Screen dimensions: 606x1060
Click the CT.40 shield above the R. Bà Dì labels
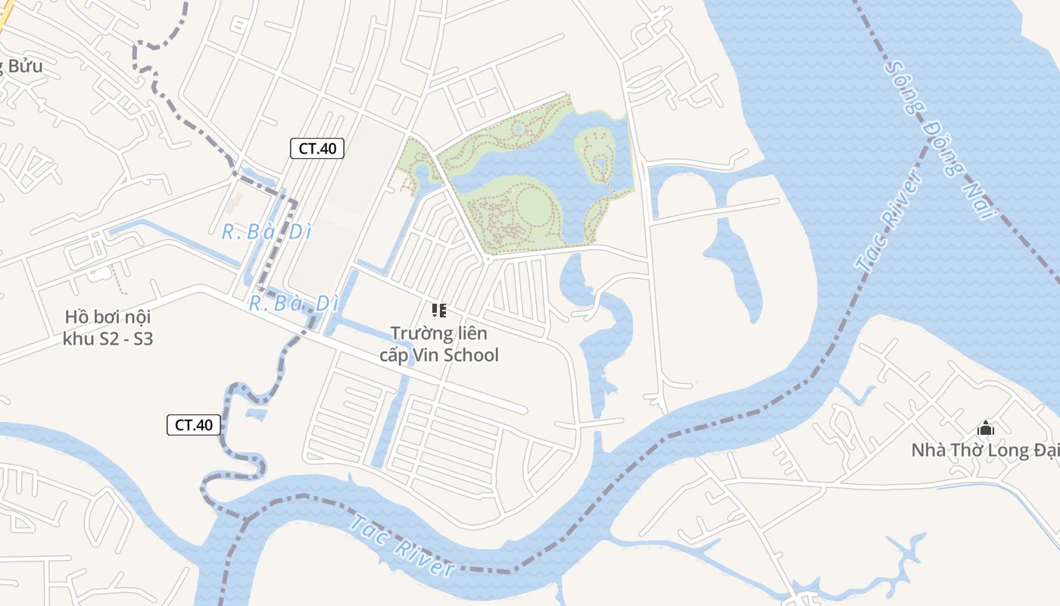point(317,148)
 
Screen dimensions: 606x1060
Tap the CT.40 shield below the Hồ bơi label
point(194,425)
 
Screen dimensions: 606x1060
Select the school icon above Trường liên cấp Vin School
point(439,311)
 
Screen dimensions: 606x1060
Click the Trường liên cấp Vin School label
point(439,344)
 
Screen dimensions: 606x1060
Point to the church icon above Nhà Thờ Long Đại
point(986,428)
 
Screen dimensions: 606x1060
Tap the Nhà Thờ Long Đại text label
point(984,450)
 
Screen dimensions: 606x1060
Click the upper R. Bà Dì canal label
point(267,232)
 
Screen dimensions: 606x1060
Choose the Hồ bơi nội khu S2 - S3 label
point(108,328)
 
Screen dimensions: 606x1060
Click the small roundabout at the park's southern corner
point(487,259)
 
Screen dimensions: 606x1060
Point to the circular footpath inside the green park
point(535,204)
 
